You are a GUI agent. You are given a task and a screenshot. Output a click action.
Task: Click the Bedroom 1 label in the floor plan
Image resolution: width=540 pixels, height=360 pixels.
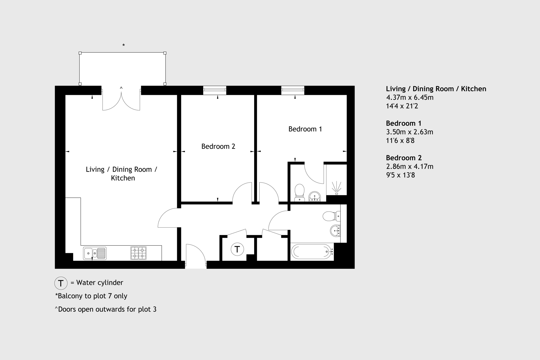pos(305,129)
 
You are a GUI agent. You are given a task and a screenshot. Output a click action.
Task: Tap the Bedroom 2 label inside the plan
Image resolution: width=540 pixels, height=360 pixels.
pos(218,146)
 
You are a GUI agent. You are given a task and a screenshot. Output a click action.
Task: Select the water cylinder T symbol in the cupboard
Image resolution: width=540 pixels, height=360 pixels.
pos(237,249)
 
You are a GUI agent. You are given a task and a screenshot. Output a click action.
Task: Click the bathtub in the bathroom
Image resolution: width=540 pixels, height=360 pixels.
pos(312,251)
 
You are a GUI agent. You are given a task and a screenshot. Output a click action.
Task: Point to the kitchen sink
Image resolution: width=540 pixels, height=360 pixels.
pos(95,253)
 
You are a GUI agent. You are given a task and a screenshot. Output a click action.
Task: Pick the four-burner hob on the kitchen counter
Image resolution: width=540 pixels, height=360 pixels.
pos(138,253)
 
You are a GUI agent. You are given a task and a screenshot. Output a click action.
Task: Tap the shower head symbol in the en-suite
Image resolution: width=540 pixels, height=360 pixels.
pos(336,188)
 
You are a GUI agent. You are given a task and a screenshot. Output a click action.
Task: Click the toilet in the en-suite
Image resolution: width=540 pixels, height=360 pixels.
pos(299,192)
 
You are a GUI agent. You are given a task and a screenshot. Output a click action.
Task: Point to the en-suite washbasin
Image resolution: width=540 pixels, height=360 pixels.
pos(314,196)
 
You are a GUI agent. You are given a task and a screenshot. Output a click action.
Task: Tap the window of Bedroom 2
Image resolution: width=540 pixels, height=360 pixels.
pos(215,90)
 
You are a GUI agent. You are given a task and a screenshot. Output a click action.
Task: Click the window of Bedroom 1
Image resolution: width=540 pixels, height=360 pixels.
pos(293,90)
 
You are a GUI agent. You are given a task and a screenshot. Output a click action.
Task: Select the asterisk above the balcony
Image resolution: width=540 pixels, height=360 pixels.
pos(123,45)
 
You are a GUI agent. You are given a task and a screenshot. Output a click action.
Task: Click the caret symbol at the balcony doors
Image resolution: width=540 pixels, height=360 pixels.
pos(121,88)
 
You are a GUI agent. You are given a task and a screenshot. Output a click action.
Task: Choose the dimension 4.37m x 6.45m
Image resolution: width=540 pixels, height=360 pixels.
pos(410,97)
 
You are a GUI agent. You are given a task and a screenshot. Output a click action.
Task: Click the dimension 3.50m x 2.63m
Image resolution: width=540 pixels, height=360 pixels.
pos(410,132)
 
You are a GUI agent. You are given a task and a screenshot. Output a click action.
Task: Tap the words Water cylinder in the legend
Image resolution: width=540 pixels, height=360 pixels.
pos(100,283)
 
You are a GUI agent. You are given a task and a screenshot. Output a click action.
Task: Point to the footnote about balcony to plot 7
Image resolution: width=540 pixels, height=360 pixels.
pos(91,296)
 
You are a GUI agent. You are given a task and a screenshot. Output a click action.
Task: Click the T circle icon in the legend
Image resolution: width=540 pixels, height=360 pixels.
pos(61,283)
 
